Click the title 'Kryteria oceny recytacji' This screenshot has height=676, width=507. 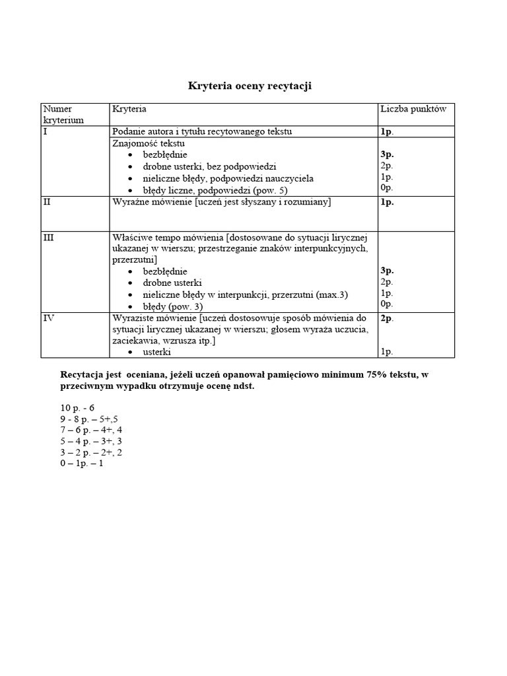pos(250,86)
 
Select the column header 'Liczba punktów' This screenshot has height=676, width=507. pos(413,109)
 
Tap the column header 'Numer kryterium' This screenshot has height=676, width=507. pos(63,114)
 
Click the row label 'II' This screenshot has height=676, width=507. pos(47,202)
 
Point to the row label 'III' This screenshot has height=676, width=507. pos(48,237)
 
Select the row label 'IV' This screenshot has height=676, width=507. pos(48,318)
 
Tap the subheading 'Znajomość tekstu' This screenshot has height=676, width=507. pos(149,143)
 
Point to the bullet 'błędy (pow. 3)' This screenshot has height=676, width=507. pos(173,307)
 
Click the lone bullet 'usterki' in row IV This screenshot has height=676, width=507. pos(157,353)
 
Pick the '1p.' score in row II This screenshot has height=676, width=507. pos(386,202)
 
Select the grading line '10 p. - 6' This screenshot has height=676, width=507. pos(78,408)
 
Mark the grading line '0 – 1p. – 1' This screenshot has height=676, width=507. pos(82,463)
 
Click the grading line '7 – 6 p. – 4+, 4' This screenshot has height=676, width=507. pos(90,430)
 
